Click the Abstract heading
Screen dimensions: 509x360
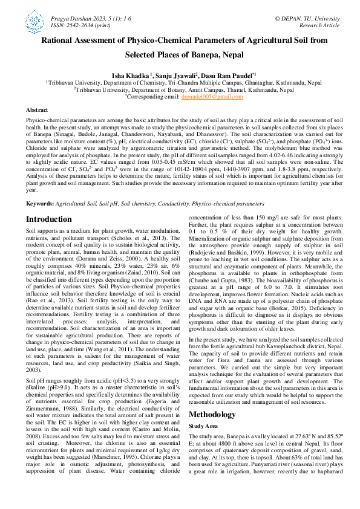(x=38, y=110)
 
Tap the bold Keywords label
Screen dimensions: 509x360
(x=39, y=204)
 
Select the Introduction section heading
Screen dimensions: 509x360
(x=53, y=219)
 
